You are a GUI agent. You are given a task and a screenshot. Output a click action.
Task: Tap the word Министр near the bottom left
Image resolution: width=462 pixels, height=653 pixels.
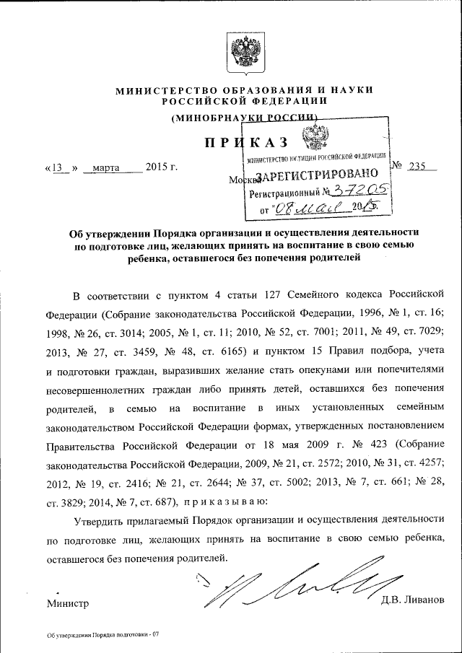(67, 602)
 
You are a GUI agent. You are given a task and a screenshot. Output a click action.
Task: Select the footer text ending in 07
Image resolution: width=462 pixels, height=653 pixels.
(101, 634)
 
